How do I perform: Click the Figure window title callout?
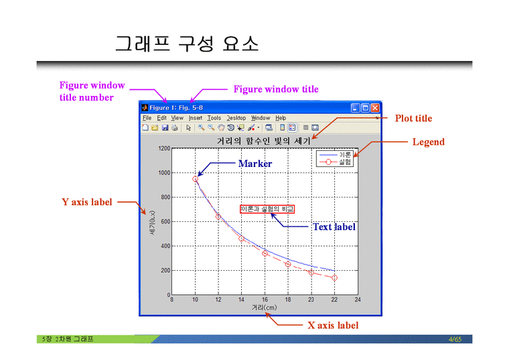tap(275, 89)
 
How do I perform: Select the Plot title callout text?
tap(413, 119)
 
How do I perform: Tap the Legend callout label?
tap(428, 141)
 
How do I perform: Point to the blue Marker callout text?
tap(255, 164)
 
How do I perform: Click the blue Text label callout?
tap(334, 227)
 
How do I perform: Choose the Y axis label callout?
tap(87, 202)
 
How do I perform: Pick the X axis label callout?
tap(333, 325)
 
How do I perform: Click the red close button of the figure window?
tap(375, 107)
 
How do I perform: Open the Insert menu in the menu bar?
tap(195, 118)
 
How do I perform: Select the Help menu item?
tap(281, 118)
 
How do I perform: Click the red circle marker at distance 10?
tap(195, 179)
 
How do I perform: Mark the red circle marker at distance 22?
tap(334, 278)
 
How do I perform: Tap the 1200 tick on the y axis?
tap(163, 148)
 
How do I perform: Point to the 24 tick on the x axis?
tap(358, 300)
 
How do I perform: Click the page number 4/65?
tap(455, 339)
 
